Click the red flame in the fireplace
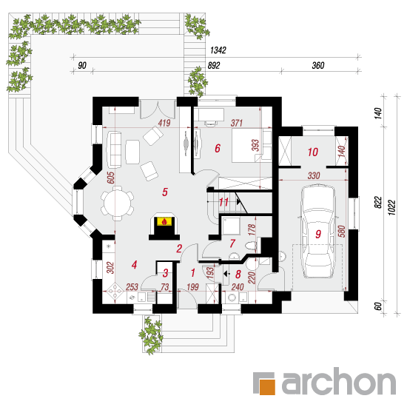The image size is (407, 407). [164, 222]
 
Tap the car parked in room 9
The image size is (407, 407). [318, 232]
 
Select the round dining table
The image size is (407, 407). [118, 203]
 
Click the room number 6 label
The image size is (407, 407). [218, 148]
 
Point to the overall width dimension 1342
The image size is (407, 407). [218, 50]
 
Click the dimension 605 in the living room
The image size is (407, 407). [111, 178]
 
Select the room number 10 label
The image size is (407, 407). [313, 152]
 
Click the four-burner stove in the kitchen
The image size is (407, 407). [115, 291]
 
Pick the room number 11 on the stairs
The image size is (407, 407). [223, 202]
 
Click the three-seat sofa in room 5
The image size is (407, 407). [114, 149]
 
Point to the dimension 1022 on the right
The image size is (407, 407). [392, 207]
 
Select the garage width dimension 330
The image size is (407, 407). [314, 175]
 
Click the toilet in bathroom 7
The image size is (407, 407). [251, 246]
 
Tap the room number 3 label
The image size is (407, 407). [165, 273]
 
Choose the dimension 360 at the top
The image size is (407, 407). [318, 65]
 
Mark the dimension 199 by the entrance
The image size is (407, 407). [192, 287]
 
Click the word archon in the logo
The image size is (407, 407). [339, 381]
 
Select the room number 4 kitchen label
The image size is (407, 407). [134, 265]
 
